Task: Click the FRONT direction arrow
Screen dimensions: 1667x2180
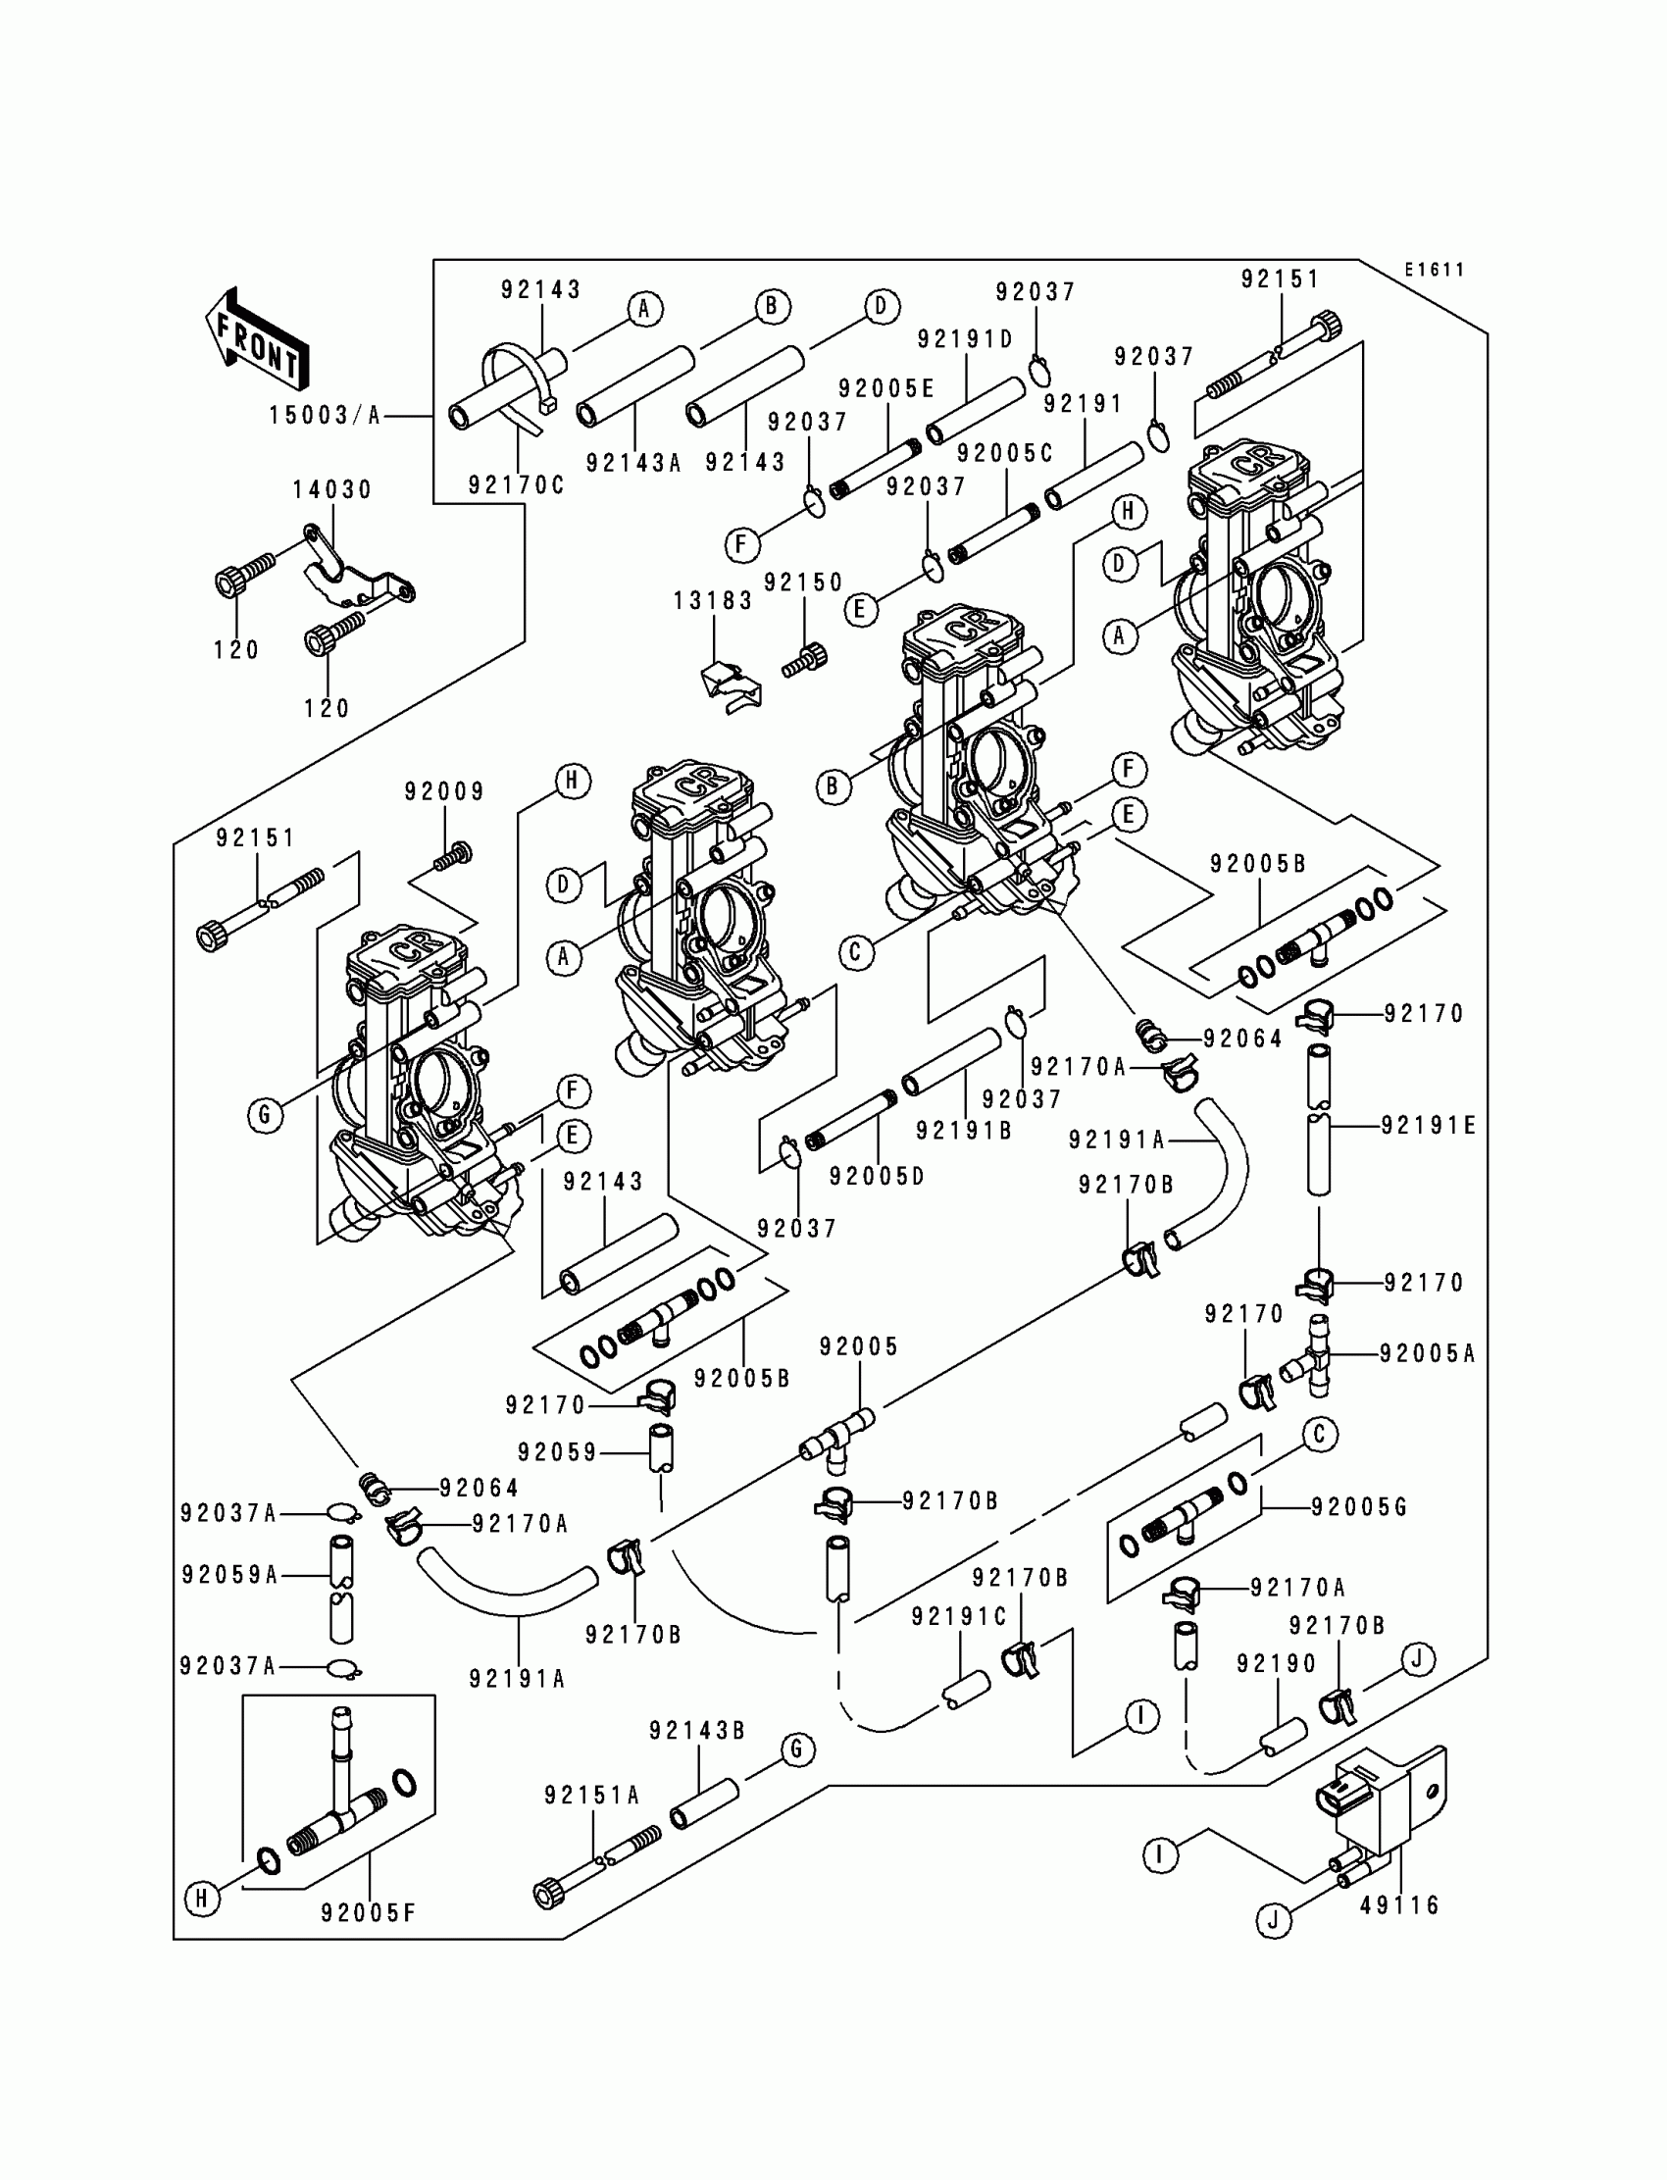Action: (257, 338)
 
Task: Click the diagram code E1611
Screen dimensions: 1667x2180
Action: (1434, 270)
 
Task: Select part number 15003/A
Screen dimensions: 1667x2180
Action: (326, 416)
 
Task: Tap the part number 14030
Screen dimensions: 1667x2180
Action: (332, 489)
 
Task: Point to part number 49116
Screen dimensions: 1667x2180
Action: (1399, 1905)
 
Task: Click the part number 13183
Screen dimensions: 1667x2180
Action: (714, 601)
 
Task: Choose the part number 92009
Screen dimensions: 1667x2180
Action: (444, 791)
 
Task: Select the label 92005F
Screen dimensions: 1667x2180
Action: (368, 1912)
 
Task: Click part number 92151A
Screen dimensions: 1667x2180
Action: (592, 1795)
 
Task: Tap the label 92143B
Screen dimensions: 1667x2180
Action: (697, 1731)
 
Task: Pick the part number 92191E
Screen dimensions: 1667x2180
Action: (1429, 1125)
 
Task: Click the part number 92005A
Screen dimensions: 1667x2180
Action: (1428, 1353)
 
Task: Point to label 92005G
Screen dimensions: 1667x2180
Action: (1359, 1507)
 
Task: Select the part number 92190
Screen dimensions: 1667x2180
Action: (1277, 1664)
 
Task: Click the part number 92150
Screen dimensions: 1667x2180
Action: (804, 583)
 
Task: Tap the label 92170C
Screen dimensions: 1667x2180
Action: (516, 485)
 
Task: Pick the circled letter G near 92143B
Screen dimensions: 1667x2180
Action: (797, 1749)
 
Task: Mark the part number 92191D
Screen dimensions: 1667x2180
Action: (966, 339)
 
